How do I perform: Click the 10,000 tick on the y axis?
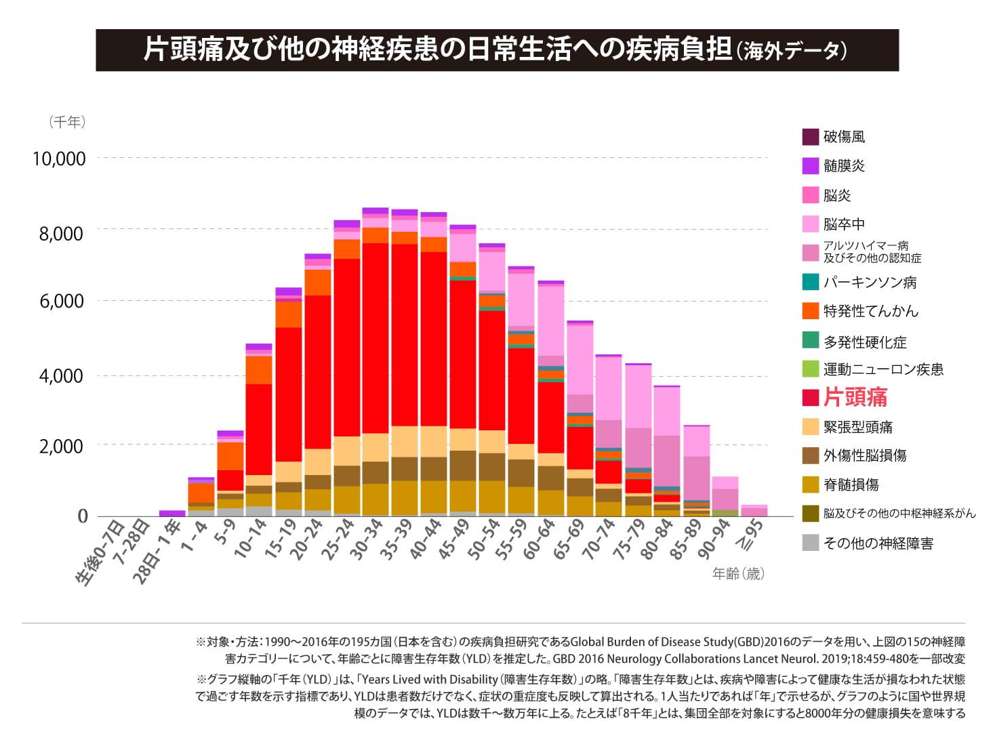pyautogui.click(x=60, y=159)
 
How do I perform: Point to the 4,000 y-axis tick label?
pyautogui.click(x=60, y=375)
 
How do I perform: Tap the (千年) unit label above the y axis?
pyautogui.click(x=66, y=122)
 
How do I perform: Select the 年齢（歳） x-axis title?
pyautogui.click(x=738, y=574)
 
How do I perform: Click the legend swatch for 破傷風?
pyautogui.click(x=810, y=137)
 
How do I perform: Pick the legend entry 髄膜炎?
pyautogui.click(x=844, y=166)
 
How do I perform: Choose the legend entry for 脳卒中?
pyautogui.click(x=844, y=224)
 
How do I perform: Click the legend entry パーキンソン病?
pyautogui.click(x=870, y=283)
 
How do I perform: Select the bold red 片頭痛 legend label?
pyautogui.click(x=855, y=398)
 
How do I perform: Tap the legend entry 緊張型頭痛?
pyautogui.click(x=857, y=427)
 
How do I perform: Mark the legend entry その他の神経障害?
pyautogui.click(x=878, y=543)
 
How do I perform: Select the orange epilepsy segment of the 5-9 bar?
pyautogui.click(x=230, y=456)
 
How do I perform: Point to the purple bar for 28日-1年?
pyautogui.click(x=172, y=514)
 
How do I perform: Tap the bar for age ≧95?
pyautogui.click(x=754, y=511)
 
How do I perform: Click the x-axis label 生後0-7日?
pyautogui.click(x=100, y=552)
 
